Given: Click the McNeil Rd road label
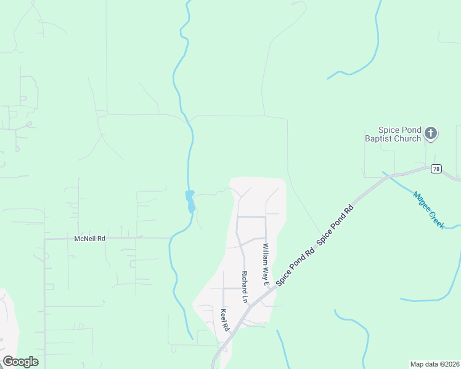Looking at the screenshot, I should pos(90,238).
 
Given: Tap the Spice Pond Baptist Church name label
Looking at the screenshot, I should pos(399,134).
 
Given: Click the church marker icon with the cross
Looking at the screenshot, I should pos(431,133).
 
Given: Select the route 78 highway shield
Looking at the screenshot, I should pos(436,169).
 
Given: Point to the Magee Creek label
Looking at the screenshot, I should pos(428,210).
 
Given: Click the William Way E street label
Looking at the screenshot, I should pos(266,264).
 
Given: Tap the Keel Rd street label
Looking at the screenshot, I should pos(224,320).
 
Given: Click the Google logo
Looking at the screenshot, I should pos(20,362).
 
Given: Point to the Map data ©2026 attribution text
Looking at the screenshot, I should pos(434,364).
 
